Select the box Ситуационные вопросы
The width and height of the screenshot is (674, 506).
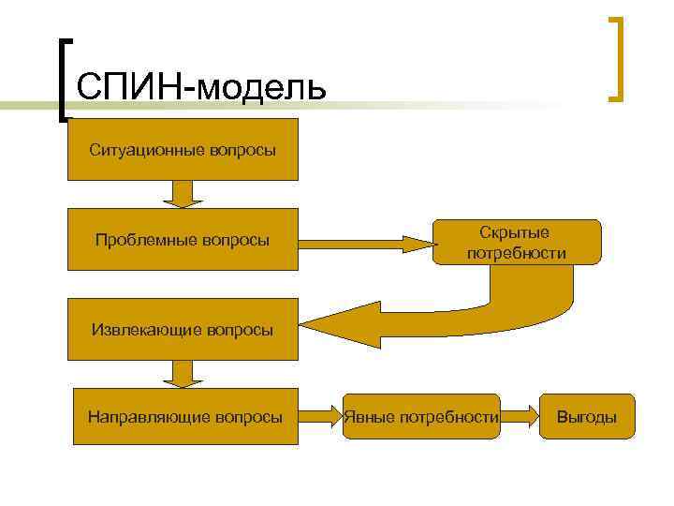(x=183, y=149)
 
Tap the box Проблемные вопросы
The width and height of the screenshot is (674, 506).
(x=183, y=241)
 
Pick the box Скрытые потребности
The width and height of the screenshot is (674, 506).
(x=517, y=242)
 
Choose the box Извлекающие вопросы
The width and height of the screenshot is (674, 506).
(x=183, y=329)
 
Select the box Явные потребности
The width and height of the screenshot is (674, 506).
(x=421, y=416)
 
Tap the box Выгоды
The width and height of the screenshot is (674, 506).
(x=587, y=416)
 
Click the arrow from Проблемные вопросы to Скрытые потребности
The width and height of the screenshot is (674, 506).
(x=365, y=243)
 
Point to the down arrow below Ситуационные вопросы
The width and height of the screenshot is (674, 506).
(x=183, y=193)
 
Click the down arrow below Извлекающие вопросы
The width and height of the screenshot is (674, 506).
(x=183, y=374)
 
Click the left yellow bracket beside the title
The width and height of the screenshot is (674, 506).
(x=63, y=80)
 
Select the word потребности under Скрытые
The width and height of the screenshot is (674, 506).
(x=517, y=253)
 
